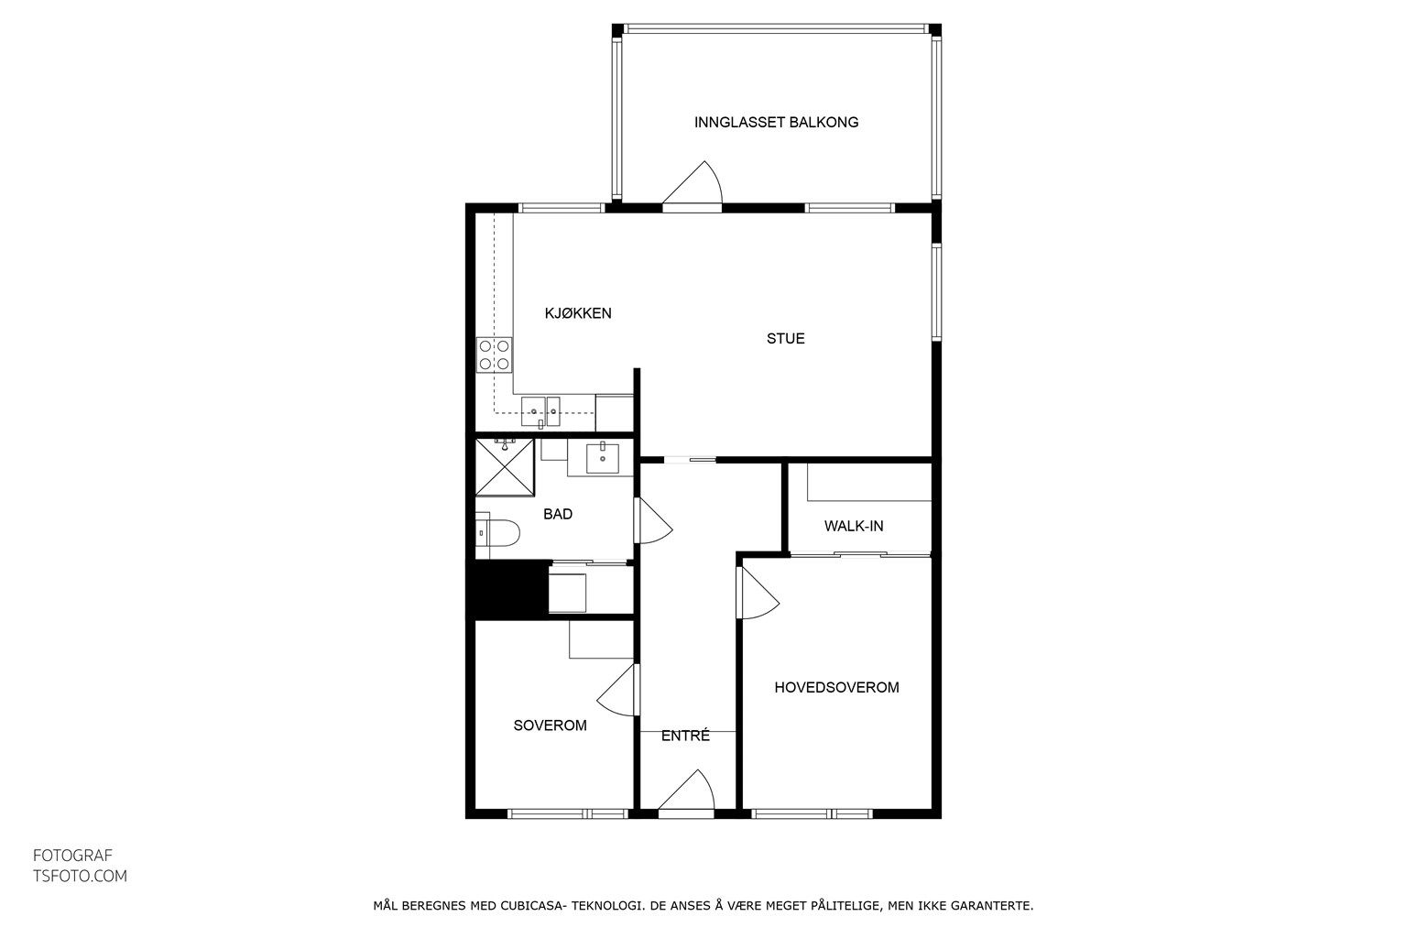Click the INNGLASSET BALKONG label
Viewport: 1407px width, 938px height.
coord(776,123)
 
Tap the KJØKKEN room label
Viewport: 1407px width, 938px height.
coord(578,313)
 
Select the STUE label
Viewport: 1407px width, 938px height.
coord(785,339)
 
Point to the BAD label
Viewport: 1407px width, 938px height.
coord(558,514)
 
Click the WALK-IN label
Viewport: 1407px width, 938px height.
coord(854,526)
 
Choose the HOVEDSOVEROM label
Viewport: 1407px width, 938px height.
coord(836,687)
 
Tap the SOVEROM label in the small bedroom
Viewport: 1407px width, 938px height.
coord(551,725)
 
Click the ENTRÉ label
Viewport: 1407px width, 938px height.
coord(685,735)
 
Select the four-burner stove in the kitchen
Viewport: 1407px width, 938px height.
coord(494,355)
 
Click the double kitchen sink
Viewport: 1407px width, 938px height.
coord(540,411)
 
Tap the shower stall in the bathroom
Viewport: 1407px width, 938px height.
coord(505,467)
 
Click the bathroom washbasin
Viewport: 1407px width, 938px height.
coord(603,458)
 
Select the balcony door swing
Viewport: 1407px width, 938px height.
coord(693,182)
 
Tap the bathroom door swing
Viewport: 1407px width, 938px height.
coord(653,521)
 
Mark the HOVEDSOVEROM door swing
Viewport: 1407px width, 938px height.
coord(758,593)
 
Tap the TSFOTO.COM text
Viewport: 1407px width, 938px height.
coord(80,877)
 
